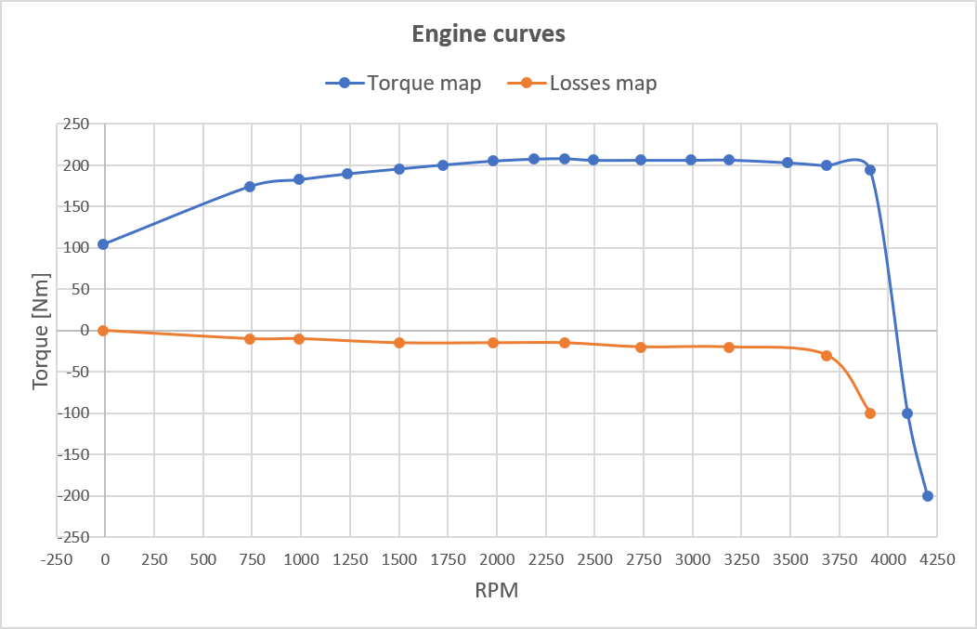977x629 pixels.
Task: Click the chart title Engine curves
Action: click(488, 34)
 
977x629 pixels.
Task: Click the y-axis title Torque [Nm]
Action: click(40, 331)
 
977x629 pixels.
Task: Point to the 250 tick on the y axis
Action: click(76, 124)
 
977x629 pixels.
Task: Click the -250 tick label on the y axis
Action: click(72, 537)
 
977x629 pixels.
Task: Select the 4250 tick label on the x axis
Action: click(936, 559)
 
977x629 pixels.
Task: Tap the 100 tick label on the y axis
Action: click(76, 248)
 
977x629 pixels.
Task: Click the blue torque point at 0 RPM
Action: click(103, 244)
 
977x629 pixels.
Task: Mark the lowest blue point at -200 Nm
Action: click(927, 496)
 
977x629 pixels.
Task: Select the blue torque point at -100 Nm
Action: click(907, 413)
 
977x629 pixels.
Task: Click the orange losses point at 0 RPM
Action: click(103, 331)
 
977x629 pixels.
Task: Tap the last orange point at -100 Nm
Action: click(870, 413)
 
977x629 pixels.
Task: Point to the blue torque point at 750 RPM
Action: click(250, 187)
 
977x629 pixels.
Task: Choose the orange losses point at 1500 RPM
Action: click(399, 343)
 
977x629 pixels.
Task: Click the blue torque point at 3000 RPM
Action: click(691, 160)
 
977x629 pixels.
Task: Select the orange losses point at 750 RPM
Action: click(250, 339)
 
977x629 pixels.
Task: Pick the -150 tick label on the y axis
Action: click(72, 454)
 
